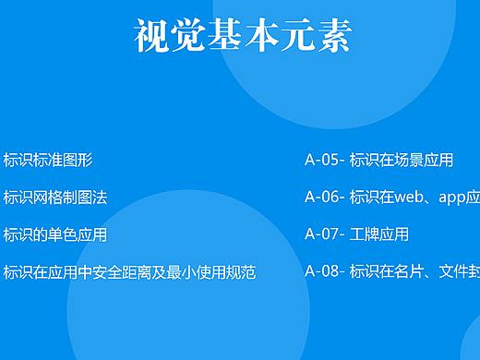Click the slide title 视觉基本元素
(x=242, y=36)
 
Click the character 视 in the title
(x=151, y=36)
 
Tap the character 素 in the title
(x=332, y=36)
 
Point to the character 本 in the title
(x=242, y=36)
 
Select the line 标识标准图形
(x=48, y=160)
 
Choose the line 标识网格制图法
(x=55, y=197)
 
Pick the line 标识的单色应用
(x=55, y=234)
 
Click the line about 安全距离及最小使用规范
(x=129, y=271)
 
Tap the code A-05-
(x=325, y=160)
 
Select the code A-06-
(x=325, y=197)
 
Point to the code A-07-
(x=325, y=234)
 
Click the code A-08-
(x=325, y=271)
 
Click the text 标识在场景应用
(x=402, y=160)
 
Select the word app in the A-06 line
(x=452, y=198)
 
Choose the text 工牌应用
(x=379, y=234)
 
